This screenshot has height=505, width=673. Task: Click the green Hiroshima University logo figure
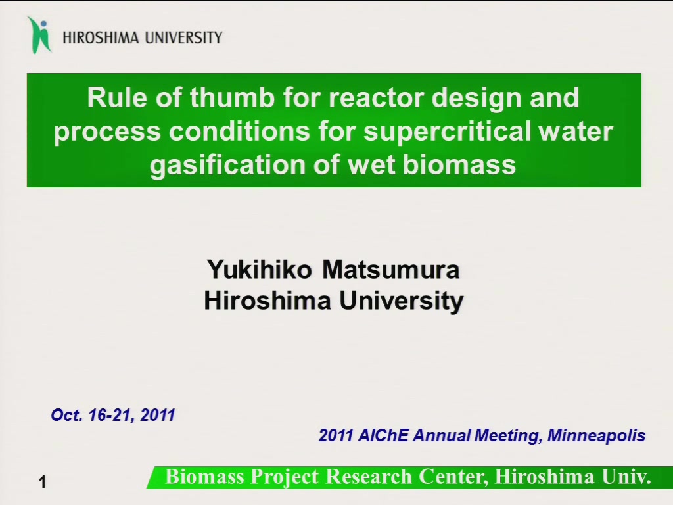tap(39, 36)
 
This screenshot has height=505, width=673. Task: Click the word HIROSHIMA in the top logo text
tap(101, 37)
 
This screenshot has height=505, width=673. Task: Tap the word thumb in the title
tap(232, 97)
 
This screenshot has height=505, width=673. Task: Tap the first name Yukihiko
tap(260, 270)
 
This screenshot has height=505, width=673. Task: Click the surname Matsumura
tap(391, 270)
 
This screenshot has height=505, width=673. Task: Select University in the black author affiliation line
tap(402, 301)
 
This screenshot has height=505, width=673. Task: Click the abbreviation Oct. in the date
tap(67, 416)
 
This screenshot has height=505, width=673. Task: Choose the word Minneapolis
tap(596, 436)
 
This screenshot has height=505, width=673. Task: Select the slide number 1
tap(42, 482)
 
